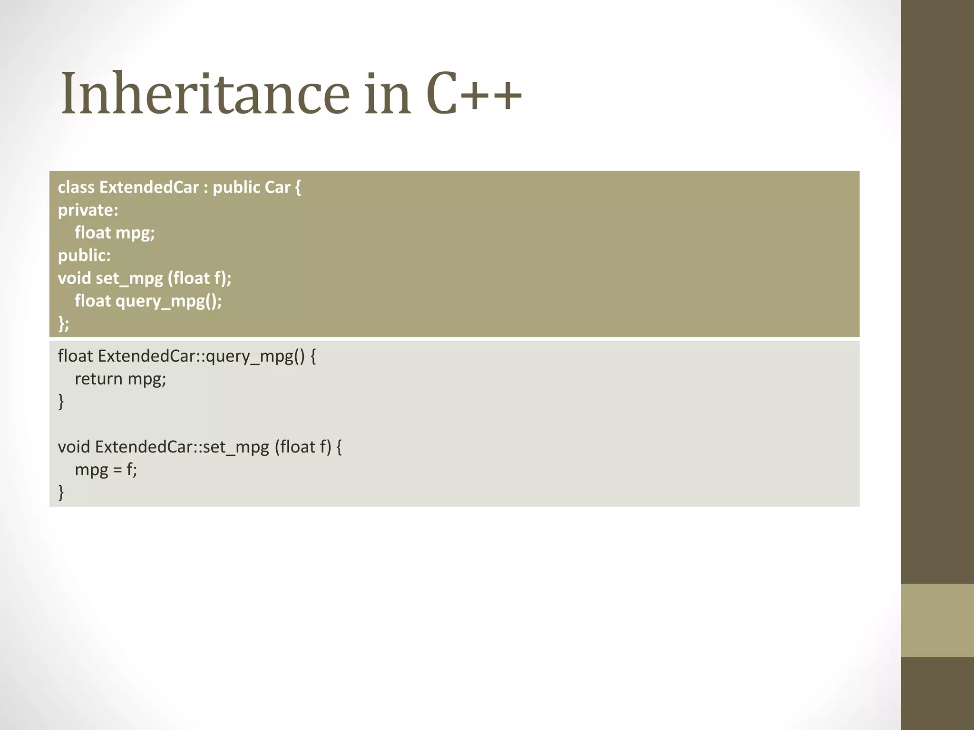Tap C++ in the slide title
474,94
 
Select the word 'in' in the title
387,94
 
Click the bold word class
76,187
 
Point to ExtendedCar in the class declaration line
149,187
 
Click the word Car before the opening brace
277,187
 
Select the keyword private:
88,210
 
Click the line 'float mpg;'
115,233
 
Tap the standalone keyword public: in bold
84,256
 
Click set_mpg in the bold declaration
129,279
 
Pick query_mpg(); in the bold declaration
169,301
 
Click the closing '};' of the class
63,324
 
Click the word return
98,379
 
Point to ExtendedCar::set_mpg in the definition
182,447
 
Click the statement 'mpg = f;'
106,470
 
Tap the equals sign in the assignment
117,470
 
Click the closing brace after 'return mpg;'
61,402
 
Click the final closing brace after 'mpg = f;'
61,492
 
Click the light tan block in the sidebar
937,620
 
